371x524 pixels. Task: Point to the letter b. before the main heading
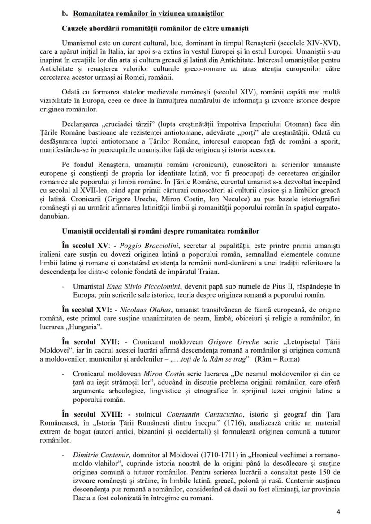pos(64,13)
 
